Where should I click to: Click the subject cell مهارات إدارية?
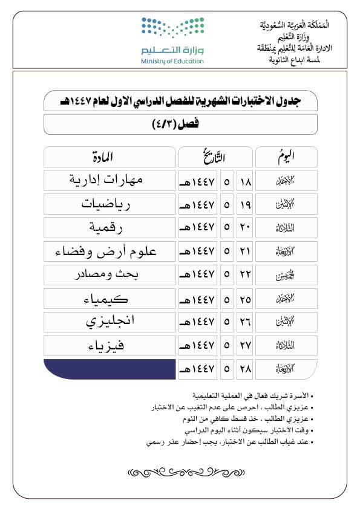[x=109, y=180]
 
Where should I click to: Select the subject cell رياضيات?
[x=109, y=204]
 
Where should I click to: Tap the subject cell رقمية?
[x=109, y=227]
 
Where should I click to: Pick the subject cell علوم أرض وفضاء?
[x=109, y=251]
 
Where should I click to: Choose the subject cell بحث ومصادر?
[x=109, y=274]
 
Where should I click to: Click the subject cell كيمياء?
[x=109, y=299]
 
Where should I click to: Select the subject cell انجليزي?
[x=109, y=322]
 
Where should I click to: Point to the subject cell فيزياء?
[x=109, y=345]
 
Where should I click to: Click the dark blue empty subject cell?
[x=109, y=369]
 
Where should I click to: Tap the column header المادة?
[x=109, y=157]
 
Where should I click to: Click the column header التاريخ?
[x=215, y=157]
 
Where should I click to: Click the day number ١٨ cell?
[x=245, y=180]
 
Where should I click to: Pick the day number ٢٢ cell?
[x=245, y=274]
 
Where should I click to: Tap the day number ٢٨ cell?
[x=245, y=369]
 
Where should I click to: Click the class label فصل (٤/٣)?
[x=180, y=125]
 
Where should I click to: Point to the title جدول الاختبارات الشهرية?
[x=180, y=102]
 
